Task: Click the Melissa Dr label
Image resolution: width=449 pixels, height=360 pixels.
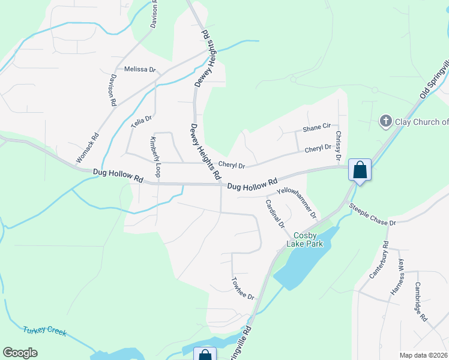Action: coord(139,70)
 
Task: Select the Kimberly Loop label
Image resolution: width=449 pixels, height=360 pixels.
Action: coord(155,157)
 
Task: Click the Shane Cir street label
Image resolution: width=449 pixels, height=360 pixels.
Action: coord(317,128)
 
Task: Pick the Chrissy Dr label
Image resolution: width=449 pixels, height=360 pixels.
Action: coord(338,146)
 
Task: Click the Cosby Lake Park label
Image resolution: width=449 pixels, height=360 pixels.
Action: coord(309,239)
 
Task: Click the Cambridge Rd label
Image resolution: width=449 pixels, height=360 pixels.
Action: coord(420,302)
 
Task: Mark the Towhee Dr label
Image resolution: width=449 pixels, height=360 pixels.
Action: coord(243,289)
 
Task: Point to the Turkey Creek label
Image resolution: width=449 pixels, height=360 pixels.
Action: coord(45,331)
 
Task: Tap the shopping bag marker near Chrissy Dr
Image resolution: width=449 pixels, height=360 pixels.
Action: coord(360,170)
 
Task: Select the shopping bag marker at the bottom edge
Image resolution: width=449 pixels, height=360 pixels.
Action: coord(205,354)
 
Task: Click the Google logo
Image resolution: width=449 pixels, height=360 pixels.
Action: coord(20,353)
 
